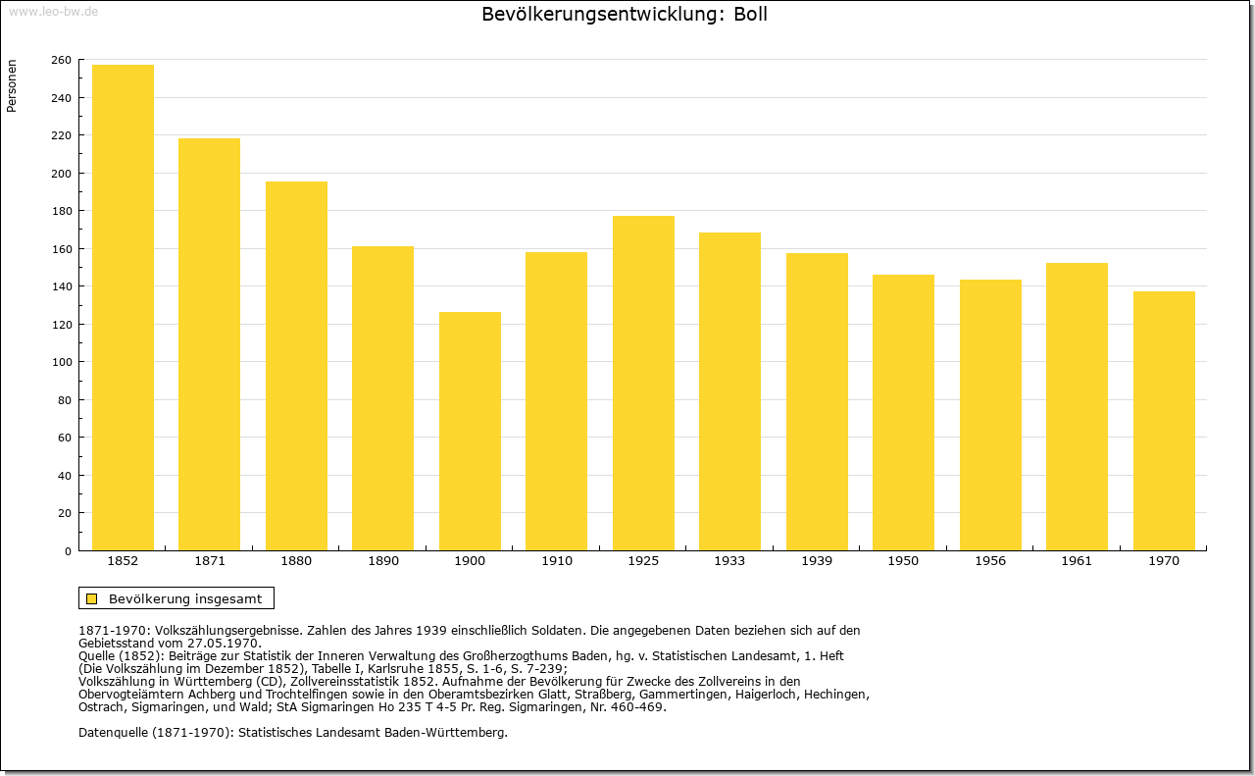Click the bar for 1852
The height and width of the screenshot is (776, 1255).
[123, 307]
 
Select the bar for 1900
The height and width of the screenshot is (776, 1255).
[470, 432]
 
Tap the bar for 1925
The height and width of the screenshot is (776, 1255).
[643, 383]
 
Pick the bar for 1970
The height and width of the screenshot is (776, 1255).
[1164, 421]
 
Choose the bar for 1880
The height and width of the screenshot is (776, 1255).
[296, 366]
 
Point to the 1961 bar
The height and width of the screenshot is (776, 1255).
[1077, 406]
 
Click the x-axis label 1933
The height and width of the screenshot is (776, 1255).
[729, 561]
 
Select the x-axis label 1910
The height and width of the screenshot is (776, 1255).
[556, 561]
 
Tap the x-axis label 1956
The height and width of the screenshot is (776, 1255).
[990, 561]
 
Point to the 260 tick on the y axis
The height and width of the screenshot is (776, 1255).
[61, 60]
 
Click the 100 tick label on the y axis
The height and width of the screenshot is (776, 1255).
[61, 362]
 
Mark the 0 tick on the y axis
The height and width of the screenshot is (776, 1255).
[68, 551]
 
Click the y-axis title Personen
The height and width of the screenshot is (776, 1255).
[12, 85]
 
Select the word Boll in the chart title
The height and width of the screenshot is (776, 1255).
[750, 14]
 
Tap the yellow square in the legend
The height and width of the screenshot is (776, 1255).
[92, 598]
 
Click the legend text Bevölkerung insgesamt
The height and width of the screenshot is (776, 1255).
[185, 598]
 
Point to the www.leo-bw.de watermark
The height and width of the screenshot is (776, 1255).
[53, 11]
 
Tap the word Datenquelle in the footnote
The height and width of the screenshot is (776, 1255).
[113, 733]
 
